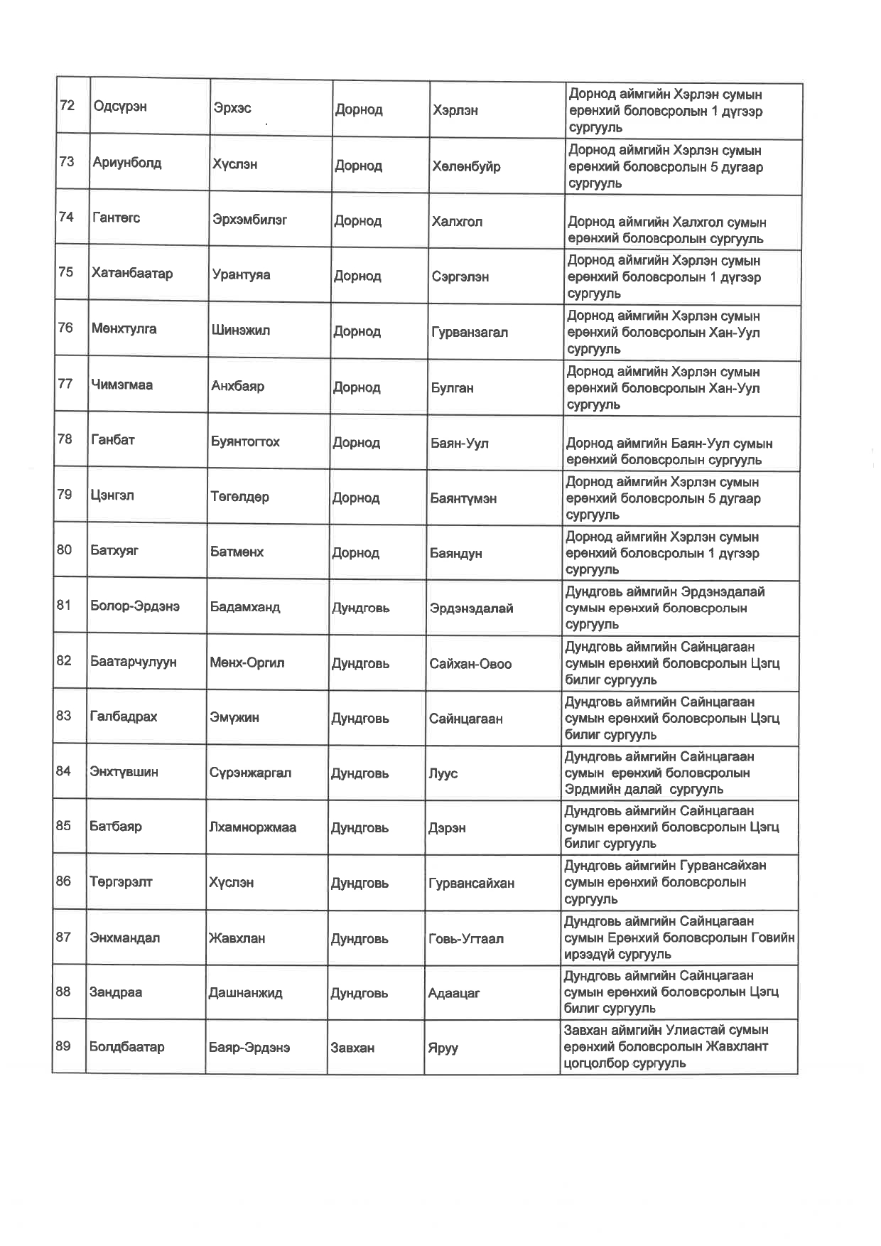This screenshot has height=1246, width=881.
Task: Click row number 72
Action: [x=67, y=106]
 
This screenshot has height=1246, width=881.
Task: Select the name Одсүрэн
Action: [x=120, y=107]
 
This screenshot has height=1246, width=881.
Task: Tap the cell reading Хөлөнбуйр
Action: [x=466, y=166]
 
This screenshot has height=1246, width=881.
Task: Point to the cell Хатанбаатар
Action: [x=132, y=274]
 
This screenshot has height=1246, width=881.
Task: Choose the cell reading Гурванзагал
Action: [x=470, y=332]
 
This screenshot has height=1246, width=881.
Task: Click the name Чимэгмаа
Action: [x=122, y=385]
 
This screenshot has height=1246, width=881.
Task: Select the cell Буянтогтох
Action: [x=245, y=441]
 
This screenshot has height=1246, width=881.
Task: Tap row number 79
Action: [x=64, y=494]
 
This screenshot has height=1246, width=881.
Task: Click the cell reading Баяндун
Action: [x=456, y=553]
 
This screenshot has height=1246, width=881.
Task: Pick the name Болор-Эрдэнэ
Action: [x=135, y=606]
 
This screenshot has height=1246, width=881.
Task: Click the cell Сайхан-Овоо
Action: [x=470, y=664]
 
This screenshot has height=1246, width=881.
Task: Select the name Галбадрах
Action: [x=124, y=716]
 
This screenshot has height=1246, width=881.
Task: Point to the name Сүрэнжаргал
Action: [x=250, y=773]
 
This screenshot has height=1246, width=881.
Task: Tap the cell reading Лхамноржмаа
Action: [x=252, y=827]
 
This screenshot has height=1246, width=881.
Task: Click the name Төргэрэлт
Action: [x=121, y=882]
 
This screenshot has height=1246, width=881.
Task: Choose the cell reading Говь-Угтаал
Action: [x=466, y=939]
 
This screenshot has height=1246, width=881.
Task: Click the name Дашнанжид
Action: [x=245, y=993]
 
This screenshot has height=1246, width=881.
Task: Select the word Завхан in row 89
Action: [x=352, y=1048]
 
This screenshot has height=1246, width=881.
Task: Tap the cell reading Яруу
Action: [x=443, y=1048]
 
